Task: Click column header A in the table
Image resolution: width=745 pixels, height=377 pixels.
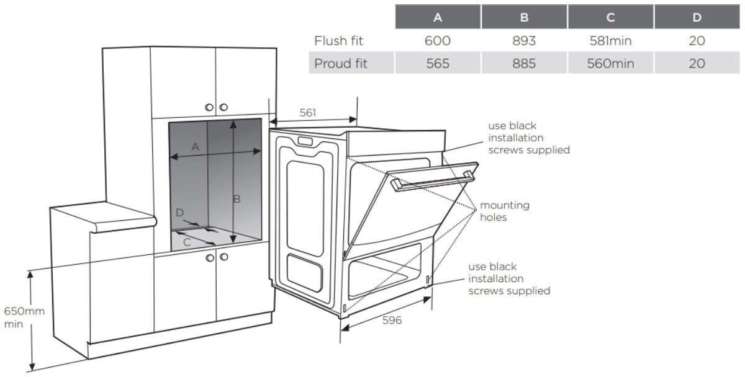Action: [x=438, y=17]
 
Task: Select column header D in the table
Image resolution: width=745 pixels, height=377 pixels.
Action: [x=697, y=17]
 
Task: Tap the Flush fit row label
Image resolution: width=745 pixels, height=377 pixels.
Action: [x=338, y=42]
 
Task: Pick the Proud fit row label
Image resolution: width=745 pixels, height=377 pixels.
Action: [x=340, y=63]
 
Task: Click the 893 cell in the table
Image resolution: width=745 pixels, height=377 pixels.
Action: [x=524, y=42]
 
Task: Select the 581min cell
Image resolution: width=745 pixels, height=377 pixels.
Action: [x=610, y=42]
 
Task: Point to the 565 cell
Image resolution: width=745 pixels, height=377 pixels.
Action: [x=438, y=63]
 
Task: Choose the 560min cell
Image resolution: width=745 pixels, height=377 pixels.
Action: [x=610, y=63]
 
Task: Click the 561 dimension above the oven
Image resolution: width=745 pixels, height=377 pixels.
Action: [x=308, y=112]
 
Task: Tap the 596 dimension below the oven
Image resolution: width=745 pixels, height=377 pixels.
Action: [x=392, y=320]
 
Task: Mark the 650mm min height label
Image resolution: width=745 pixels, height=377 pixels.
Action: [x=24, y=317]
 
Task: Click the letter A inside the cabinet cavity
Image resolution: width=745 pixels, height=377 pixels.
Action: [x=195, y=147]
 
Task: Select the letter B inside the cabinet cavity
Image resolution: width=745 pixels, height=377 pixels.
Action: [x=237, y=199]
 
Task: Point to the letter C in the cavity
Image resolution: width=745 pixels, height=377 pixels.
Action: [x=187, y=242]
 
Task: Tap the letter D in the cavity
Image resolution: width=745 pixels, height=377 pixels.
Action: [x=179, y=213]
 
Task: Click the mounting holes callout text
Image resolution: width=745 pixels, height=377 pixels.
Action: [x=504, y=211]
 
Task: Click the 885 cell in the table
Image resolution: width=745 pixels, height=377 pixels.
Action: [x=524, y=63]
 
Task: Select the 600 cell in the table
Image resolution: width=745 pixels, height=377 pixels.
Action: [x=438, y=42]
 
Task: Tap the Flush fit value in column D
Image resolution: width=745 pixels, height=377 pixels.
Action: [x=697, y=42]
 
